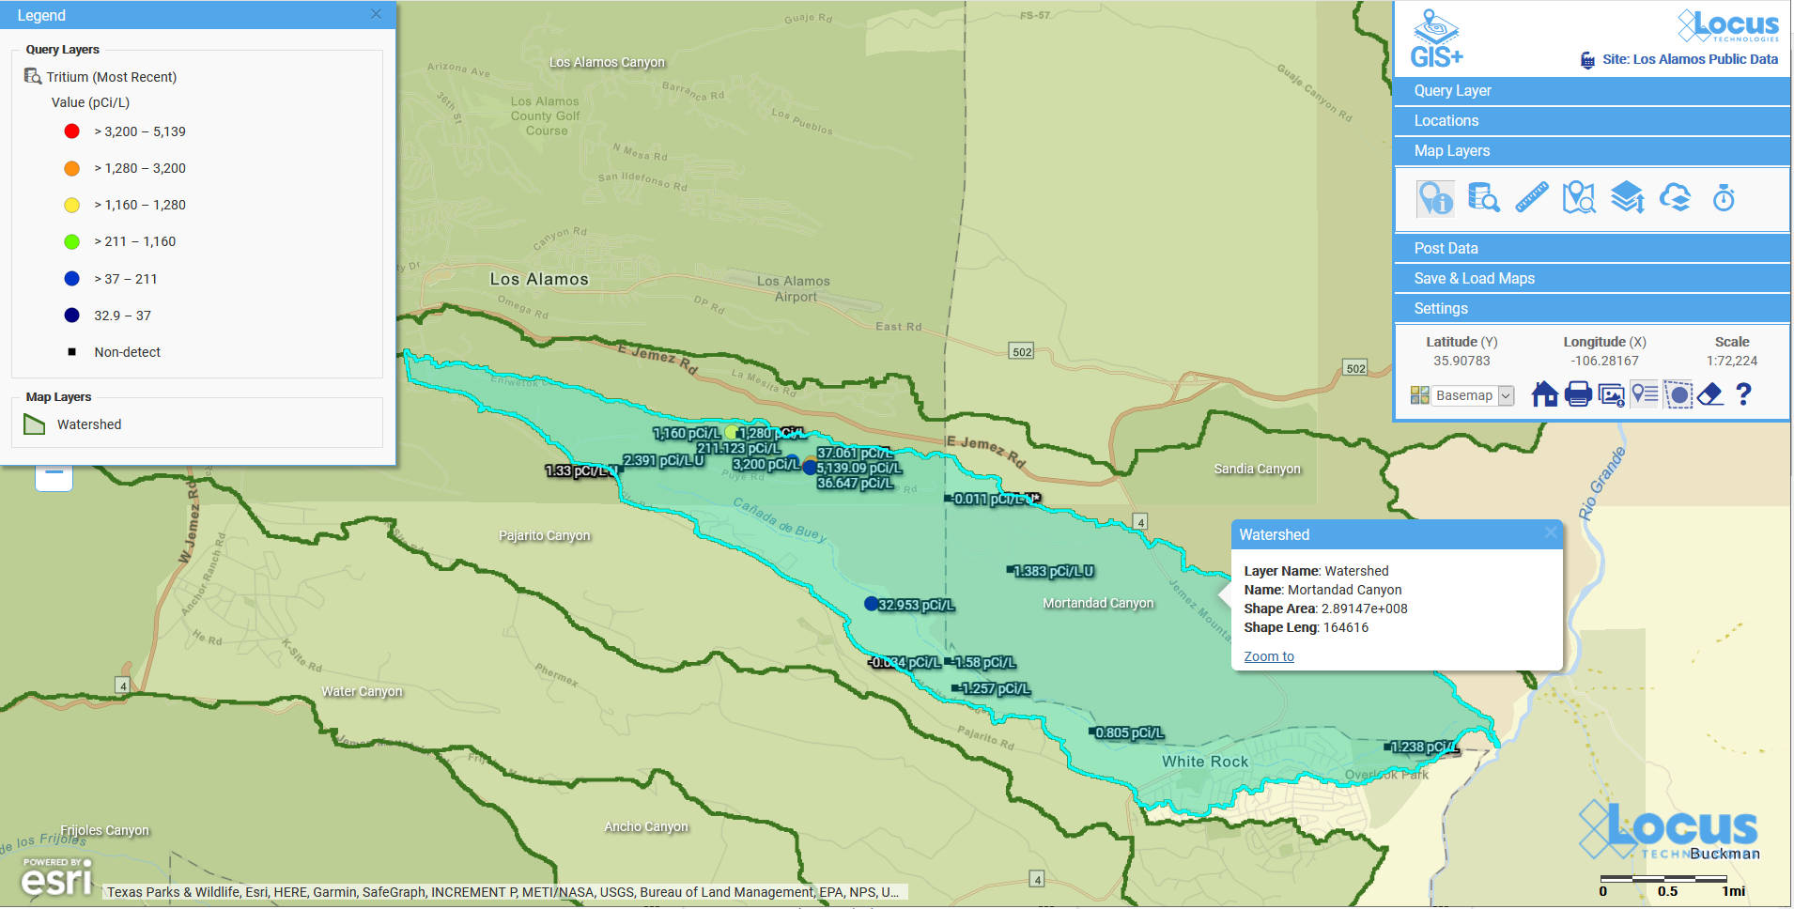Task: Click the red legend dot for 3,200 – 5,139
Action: (71, 131)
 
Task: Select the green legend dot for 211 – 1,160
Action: (71, 242)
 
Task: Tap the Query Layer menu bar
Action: (1591, 91)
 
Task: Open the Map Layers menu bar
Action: (1591, 151)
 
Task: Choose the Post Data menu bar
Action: (1591, 249)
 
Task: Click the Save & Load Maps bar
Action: (1591, 279)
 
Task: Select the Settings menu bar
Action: (1591, 309)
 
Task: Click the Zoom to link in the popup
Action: (1268, 656)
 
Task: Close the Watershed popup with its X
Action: (1550, 533)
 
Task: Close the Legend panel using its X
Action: (376, 14)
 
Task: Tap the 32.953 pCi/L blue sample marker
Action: (872, 604)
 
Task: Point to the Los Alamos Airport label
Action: (794, 288)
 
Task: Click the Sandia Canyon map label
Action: (1257, 469)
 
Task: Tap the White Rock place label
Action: (1205, 762)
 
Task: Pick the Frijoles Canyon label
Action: (104, 830)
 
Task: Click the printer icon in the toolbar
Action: (1578, 394)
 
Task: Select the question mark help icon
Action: (1743, 394)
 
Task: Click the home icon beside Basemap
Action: (1544, 394)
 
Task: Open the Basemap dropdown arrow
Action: (1506, 395)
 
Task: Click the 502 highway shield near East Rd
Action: (1022, 352)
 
